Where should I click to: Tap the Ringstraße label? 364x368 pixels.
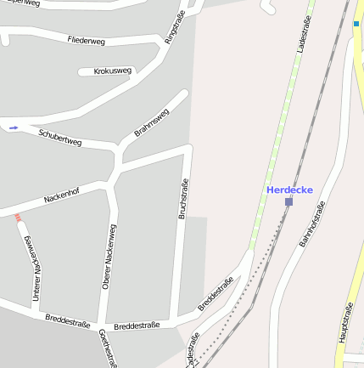(175, 28)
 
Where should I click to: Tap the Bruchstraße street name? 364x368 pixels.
(182, 199)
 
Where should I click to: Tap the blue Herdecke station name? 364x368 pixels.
(289, 190)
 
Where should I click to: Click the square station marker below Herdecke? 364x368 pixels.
(288, 201)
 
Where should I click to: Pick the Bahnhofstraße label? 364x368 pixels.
(312, 224)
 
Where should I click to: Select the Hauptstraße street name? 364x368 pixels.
(344, 324)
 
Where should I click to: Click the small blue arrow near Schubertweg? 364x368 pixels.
(13, 127)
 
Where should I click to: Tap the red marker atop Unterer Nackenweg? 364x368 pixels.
(18, 218)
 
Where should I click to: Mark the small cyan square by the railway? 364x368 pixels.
(356, 25)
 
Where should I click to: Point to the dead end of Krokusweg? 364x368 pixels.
(82, 71)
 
